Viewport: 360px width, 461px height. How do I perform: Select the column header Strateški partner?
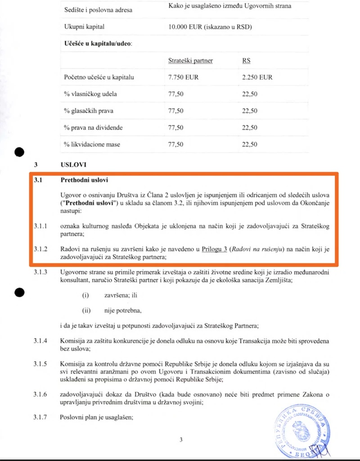tap(190, 60)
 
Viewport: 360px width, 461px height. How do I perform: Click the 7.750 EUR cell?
tap(183, 77)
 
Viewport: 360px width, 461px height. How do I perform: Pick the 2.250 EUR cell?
tap(257, 77)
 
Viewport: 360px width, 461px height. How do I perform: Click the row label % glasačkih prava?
tap(89, 111)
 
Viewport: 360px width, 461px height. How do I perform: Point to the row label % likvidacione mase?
tap(92, 145)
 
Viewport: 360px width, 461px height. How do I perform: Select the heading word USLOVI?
tap(73, 165)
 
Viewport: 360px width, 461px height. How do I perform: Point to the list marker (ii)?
tap(86, 311)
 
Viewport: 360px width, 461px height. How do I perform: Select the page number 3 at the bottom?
tap(181, 440)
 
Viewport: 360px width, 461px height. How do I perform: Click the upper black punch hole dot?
tap(19, 152)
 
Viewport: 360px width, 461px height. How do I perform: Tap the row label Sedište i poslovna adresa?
tap(98, 9)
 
